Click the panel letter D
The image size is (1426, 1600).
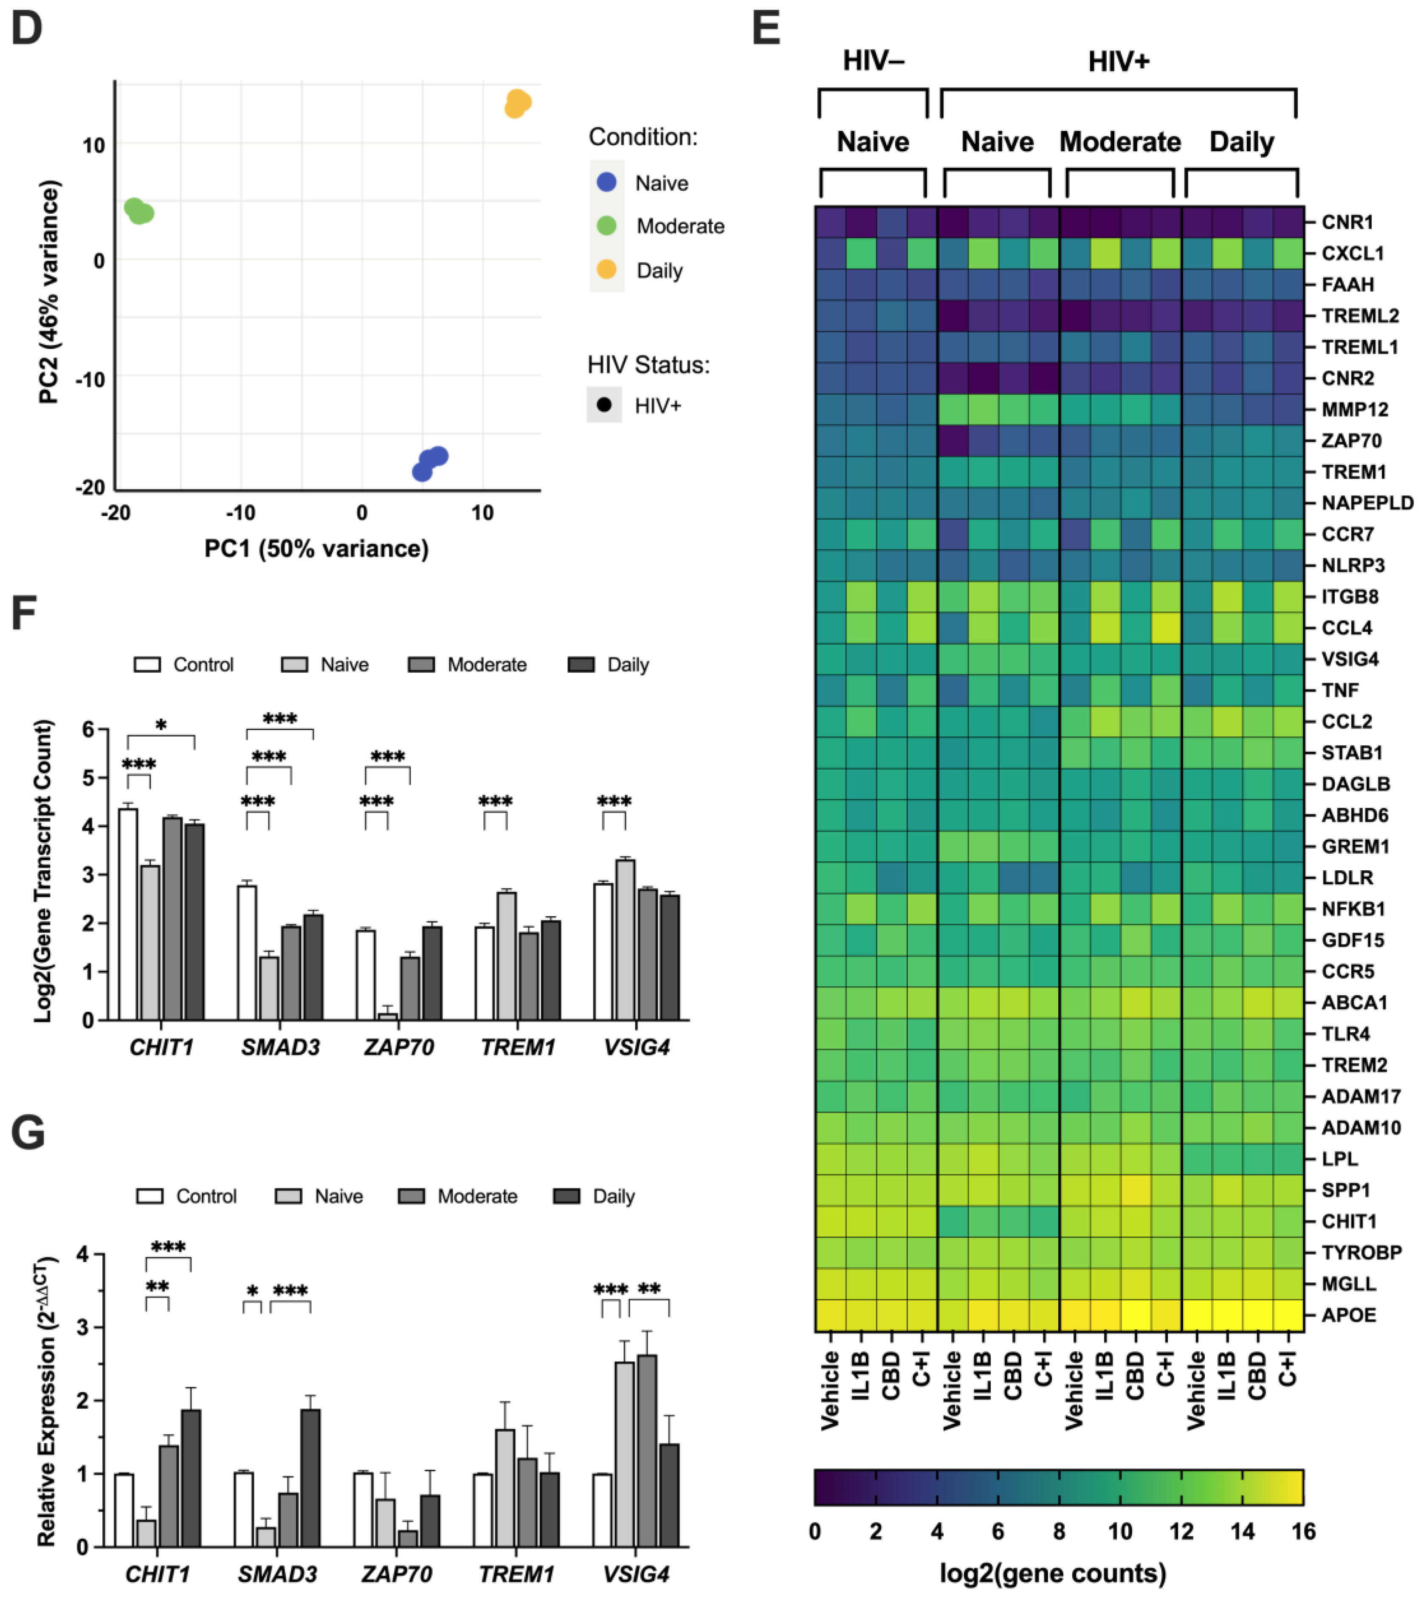click(x=28, y=29)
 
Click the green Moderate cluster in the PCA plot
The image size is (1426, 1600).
click(x=139, y=211)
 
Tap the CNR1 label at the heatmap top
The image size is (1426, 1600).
click(x=1347, y=223)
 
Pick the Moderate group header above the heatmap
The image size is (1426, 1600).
click(x=1120, y=142)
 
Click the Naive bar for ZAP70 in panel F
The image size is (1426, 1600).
click(x=387, y=1016)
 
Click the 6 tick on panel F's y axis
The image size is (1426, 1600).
click(x=88, y=729)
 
